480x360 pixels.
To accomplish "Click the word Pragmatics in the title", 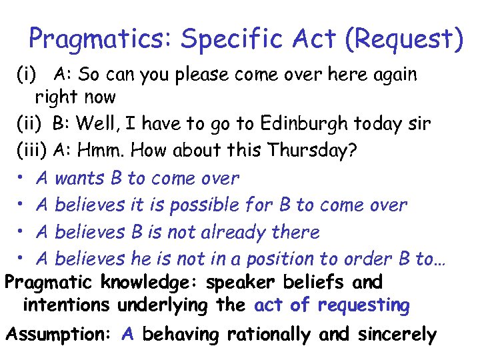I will point(100,39).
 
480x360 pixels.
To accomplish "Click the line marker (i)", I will point(29,74).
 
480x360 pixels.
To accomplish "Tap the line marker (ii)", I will point(31,124).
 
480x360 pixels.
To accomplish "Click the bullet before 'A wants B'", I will point(21,179).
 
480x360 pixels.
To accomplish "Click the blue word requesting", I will point(364,305).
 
